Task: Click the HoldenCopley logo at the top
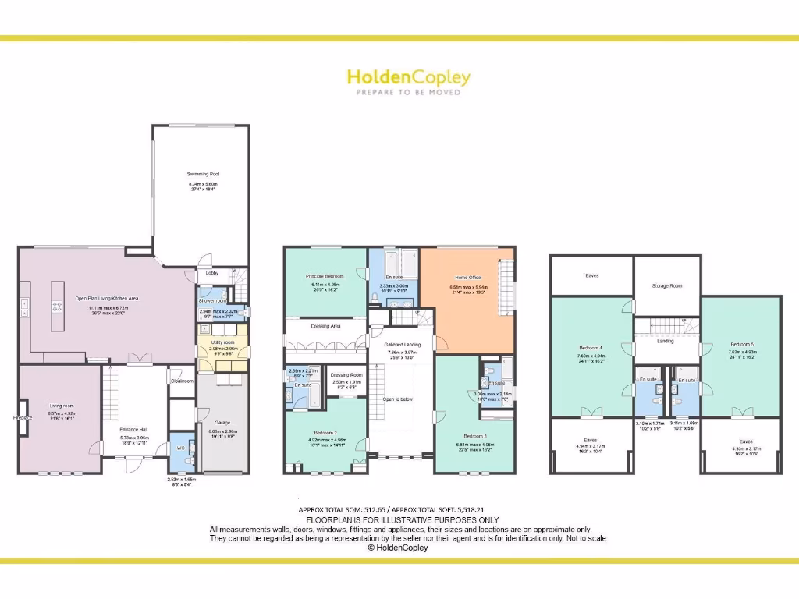(408, 77)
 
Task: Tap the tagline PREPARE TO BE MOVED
(408, 93)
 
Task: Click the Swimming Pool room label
(202, 174)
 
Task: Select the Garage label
(222, 423)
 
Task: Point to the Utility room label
(222, 342)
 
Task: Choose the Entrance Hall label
(134, 430)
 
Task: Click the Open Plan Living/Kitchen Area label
(107, 298)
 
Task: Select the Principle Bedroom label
(325, 277)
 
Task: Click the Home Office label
(468, 278)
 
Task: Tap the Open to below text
(397, 399)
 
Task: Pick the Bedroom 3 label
(474, 436)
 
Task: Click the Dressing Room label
(346, 375)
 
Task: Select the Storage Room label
(666, 285)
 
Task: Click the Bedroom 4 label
(590, 348)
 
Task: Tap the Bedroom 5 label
(741, 344)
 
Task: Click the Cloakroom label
(182, 381)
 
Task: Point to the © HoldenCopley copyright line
(398, 548)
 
